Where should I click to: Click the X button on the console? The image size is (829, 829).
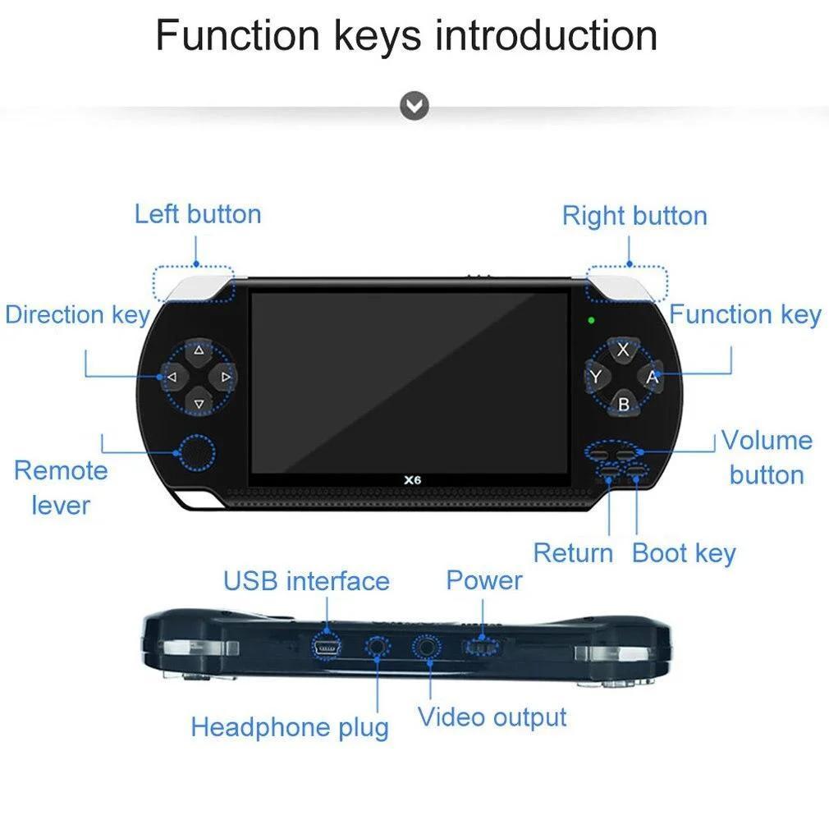click(x=623, y=350)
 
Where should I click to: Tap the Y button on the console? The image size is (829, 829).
click(x=597, y=377)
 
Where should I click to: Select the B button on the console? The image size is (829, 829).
click(x=623, y=403)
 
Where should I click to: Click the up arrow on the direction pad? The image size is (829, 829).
click(x=199, y=350)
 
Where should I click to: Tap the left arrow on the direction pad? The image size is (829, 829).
click(x=172, y=377)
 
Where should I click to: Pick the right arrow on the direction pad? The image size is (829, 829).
click(x=224, y=377)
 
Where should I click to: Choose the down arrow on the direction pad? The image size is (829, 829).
click(x=199, y=403)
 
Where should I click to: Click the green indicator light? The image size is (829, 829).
click(x=591, y=320)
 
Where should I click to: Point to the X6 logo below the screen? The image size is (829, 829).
click(x=412, y=480)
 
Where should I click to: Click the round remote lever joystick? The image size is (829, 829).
click(x=197, y=452)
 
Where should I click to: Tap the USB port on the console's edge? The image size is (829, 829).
click(x=326, y=648)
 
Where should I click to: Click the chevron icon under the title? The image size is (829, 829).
click(x=414, y=106)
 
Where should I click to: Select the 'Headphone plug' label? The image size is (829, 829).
click(x=290, y=727)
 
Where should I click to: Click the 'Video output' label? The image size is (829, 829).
click(x=492, y=718)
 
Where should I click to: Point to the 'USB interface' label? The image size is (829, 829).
click(x=307, y=581)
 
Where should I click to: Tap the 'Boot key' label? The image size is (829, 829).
click(x=684, y=553)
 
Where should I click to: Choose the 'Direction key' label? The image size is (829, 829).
click(x=78, y=314)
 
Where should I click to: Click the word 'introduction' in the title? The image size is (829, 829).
click(x=546, y=35)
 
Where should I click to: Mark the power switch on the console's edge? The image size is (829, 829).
click(x=482, y=647)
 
